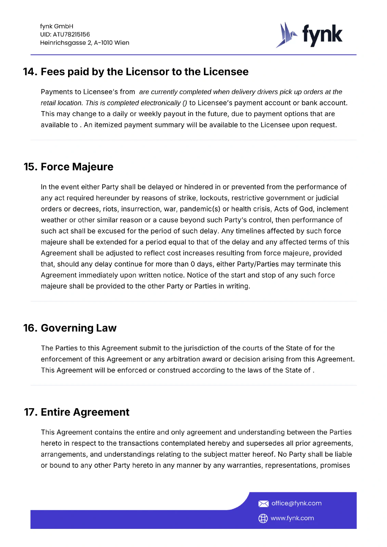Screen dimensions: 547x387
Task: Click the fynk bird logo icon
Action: pyautogui.click(x=286, y=35)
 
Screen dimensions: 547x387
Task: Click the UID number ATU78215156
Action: pyautogui.click(x=71, y=35)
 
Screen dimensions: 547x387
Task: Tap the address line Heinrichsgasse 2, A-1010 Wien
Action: pyautogui.click(x=85, y=43)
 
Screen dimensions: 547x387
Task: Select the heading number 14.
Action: pyautogui.click(x=30, y=72)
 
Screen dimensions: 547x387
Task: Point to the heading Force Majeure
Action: pyautogui.click(x=77, y=167)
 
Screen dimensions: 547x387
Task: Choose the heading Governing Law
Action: pyautogui.click(x=79, y=328)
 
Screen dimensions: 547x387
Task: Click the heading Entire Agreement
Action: pyautogui.click(x=85, y=412)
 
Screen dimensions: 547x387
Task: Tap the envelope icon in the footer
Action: pyautogui.click(x=263, y=504)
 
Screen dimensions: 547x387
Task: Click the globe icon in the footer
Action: pyautogui.click(x=263, y=518)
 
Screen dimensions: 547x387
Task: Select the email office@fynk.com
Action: pyautogui.click(x=296, y=503)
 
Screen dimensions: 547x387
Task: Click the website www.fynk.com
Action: pyautogui.click(x=292, y=518)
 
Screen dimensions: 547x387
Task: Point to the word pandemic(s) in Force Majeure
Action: pyautogui.click(x=200, y=209)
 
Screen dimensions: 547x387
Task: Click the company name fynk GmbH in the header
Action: pyautogui.click(x=56, y=26)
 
